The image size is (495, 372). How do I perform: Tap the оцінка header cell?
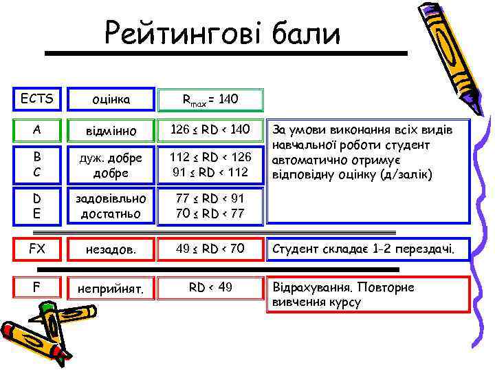pyautogui.click(x=112, y=101)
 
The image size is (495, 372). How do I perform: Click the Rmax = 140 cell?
pyautogui.click(x=210, y=101)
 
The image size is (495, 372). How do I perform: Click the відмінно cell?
pyautogui.click(x=112, y=130)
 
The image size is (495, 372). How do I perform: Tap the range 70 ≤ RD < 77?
pyautogui.click(x=210, y=214)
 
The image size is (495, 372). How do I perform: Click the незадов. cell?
pyautogui.click(x=112, y=249)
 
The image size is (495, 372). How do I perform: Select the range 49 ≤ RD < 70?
pyautogui.click(x=210, y=248)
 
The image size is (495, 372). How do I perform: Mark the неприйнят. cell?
pyautogui.click(x=112, y=289)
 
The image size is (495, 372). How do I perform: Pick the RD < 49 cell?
pyautogui.click(x=210, y=287)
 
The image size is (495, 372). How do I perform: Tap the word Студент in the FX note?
pyautogui.click(x=296, y=248)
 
